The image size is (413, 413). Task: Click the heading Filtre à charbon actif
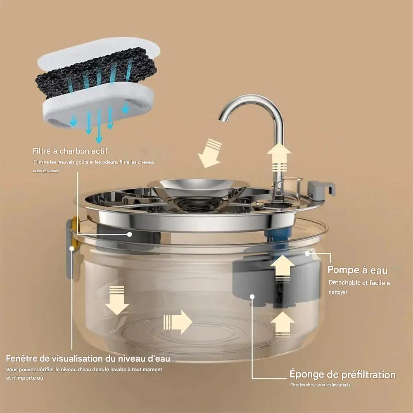[70, 151]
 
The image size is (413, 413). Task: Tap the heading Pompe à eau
[357, 271]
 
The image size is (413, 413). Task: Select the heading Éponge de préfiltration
[342, 375]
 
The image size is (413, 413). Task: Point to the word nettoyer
[338, 292]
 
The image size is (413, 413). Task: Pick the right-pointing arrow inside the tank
[178, 322]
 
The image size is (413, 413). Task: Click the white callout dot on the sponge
[252, 296]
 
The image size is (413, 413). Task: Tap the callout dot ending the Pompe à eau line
[307, 253]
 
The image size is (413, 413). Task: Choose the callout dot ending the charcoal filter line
[130, 234]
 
